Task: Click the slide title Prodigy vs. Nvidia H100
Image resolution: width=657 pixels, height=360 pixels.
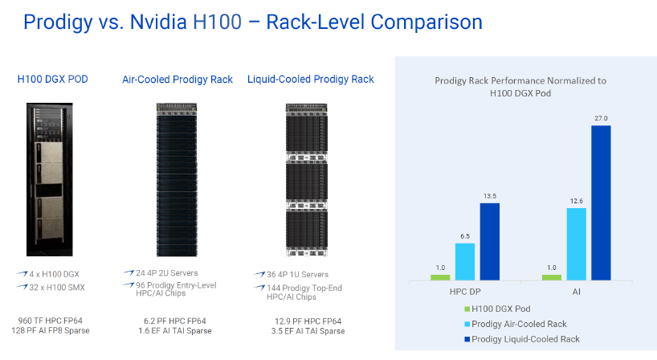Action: (252, 22)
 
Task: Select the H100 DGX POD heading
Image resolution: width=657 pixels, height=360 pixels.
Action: (53, 79)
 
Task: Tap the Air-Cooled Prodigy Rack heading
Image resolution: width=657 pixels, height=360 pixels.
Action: (178, 80)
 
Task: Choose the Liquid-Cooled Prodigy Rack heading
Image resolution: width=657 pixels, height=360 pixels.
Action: (311, 79)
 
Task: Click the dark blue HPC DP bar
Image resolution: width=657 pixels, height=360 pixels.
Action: (490, 241)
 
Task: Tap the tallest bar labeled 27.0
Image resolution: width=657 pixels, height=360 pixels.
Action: (601, 202)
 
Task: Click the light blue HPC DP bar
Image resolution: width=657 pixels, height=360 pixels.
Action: (465, 261)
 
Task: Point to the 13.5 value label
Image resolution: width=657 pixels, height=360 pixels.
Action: (490, 195)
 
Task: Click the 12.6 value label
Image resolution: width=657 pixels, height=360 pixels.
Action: (576, 201)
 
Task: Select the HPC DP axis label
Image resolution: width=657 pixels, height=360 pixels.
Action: (465, 292)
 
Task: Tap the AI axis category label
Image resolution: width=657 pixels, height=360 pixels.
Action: (577, 292)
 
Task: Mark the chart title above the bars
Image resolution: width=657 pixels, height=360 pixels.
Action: (520, 87)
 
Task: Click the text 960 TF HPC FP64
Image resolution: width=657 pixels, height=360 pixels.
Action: (53, 320)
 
